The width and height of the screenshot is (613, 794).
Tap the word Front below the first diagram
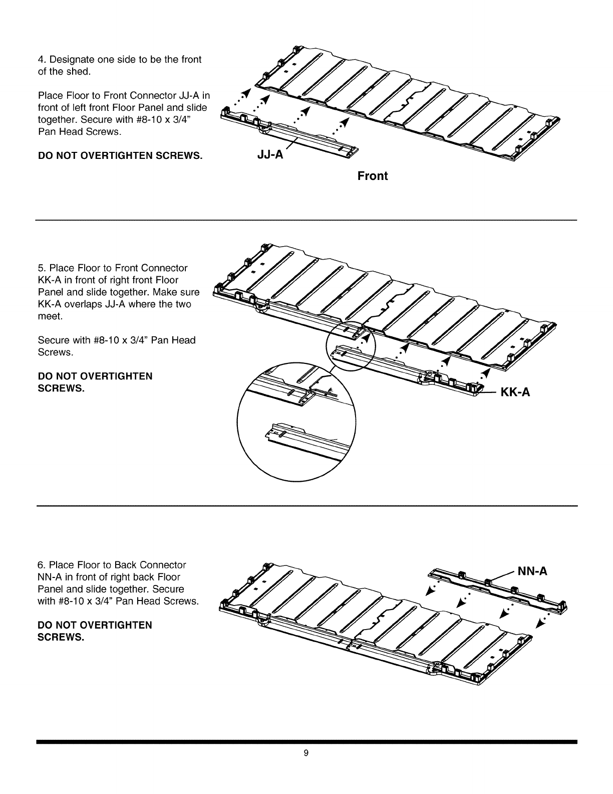[x=373, y=176]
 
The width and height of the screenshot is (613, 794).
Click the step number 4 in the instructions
[x=41, y=60]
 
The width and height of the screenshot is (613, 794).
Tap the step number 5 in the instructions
[x=41, y=268]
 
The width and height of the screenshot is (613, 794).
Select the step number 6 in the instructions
[x=41, y=565]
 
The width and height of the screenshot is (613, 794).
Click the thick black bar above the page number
[x=306, y=741]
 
